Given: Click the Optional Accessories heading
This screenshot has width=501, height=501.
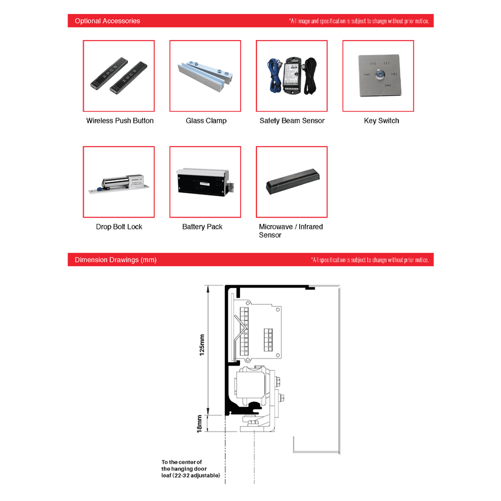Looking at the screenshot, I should [x=108, y=21].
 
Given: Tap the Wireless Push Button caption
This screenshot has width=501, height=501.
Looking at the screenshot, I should [x=120, y=121].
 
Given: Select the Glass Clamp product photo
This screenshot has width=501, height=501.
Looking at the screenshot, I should [x=205, y=76].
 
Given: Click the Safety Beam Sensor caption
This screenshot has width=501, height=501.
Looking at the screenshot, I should [x=292, y=121].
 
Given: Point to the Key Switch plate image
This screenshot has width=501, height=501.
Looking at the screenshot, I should [x=378, y=76].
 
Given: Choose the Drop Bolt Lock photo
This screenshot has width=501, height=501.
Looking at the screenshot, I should [x=119, y=182].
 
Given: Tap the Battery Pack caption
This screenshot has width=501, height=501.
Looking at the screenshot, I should [x=202, y=226].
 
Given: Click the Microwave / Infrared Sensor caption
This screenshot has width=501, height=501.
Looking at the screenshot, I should [x=291, y=231].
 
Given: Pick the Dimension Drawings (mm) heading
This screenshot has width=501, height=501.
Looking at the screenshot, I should [x=115, y=260].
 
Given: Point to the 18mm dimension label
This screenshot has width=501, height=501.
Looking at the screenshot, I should [x=199, y=423].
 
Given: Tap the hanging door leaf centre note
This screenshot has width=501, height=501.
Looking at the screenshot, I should [x=190, y=469].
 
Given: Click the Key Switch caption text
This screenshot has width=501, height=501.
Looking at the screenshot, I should [x=381, y=121].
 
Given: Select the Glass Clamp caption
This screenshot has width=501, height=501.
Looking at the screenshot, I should [x=206, y=121].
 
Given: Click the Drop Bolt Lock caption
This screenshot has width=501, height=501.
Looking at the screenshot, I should [x=119, y=226].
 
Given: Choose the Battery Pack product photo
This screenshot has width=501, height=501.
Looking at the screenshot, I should [x=205, y=182].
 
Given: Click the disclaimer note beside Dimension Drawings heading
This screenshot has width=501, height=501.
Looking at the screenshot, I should [x=369, y=260].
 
